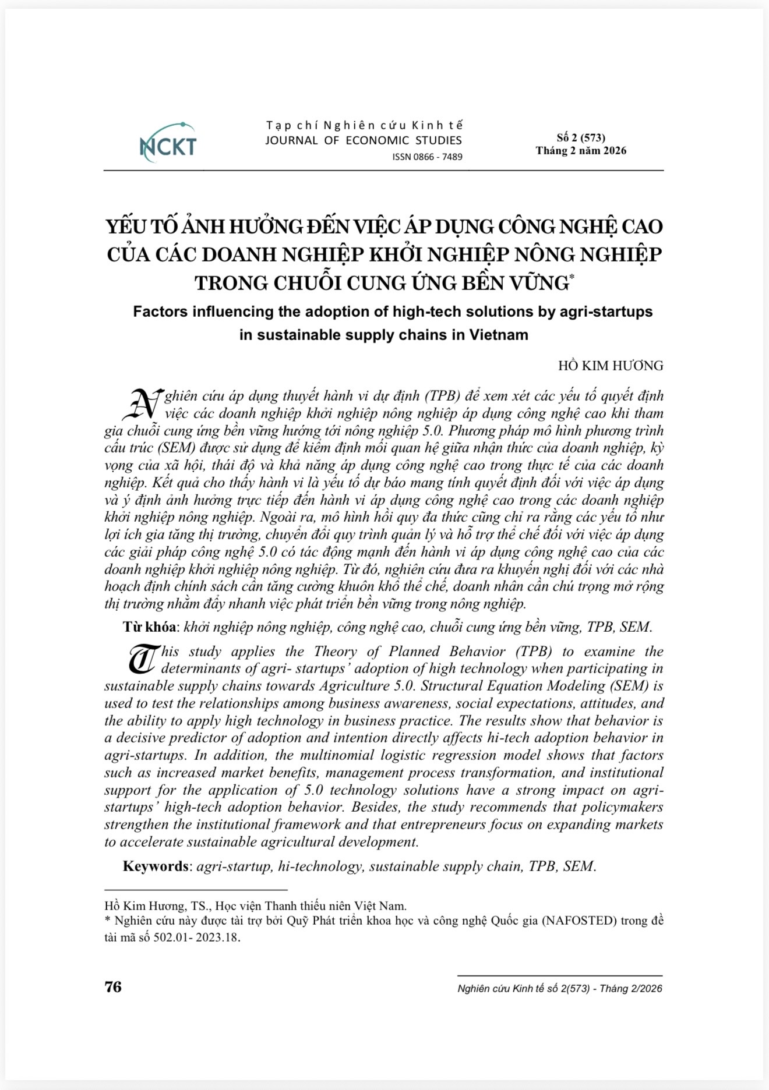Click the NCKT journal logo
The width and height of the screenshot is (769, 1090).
(x=168, y=143)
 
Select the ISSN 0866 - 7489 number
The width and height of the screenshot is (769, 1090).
(x=427, y=157)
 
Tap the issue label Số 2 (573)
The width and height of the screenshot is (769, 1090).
(x=581, y=137)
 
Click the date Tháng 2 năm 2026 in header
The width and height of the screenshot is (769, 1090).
(x=581, y=151)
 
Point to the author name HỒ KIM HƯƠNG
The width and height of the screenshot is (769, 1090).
(x=611, y=366)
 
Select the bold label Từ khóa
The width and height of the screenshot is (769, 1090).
(x=149, y=627)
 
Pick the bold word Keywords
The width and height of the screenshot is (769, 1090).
(x=156, y=866)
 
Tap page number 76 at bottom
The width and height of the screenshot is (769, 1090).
(x=113, y=987)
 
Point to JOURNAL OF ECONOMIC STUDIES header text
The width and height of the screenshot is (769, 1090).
(x=364, y=140)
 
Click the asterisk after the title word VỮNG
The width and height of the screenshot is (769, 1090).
(x=571, y=278)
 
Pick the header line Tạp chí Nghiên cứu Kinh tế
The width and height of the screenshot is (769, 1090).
(x=364, y=125)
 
